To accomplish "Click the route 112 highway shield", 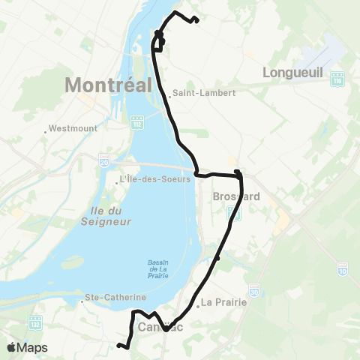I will click(x=137, y=123).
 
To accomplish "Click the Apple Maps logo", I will click(x=27, y=347).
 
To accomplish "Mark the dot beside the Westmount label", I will click(x=46, y=131).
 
